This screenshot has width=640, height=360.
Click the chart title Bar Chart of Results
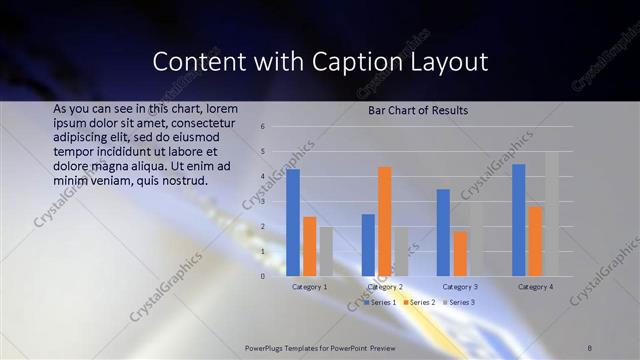419,111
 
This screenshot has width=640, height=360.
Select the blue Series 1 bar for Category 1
293,222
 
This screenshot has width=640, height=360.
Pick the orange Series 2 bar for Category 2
385,221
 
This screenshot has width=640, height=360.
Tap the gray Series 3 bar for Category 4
552,214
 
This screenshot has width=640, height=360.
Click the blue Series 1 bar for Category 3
443,232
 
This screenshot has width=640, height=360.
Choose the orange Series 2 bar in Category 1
310,246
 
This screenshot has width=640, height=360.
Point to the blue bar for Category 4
518,220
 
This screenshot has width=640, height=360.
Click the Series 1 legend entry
381,301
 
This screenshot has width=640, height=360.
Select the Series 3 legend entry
459,301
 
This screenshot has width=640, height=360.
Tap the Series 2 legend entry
420,301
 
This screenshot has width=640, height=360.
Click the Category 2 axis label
385,287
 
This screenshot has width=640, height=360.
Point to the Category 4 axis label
536,287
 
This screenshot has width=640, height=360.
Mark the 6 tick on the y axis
262,127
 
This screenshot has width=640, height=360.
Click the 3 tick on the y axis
262,201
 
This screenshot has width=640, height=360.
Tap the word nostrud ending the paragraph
182,181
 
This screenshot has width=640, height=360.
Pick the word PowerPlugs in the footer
266,347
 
